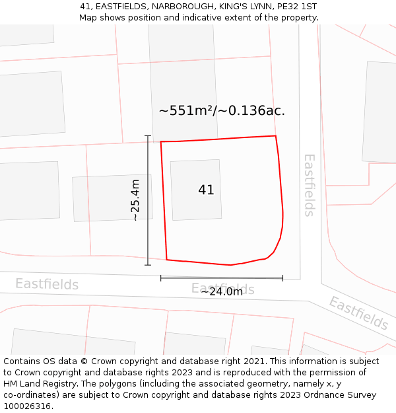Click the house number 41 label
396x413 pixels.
click(206, 190)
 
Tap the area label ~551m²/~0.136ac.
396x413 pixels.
click(222, 111)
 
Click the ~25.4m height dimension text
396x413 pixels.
click(135, 200)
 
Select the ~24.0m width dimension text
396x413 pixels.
click(222, 291)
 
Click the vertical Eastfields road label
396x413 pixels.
click(309, 185)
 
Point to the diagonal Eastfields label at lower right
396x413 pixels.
click(358, 313)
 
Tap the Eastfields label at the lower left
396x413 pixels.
click(47, 284)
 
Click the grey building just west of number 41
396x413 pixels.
click(112, 198)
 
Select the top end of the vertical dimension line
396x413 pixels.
click(148, 137)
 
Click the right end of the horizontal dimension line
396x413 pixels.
click(282, 278)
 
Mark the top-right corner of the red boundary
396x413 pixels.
click(275, 136)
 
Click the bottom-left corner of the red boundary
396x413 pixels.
click(167, 259)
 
